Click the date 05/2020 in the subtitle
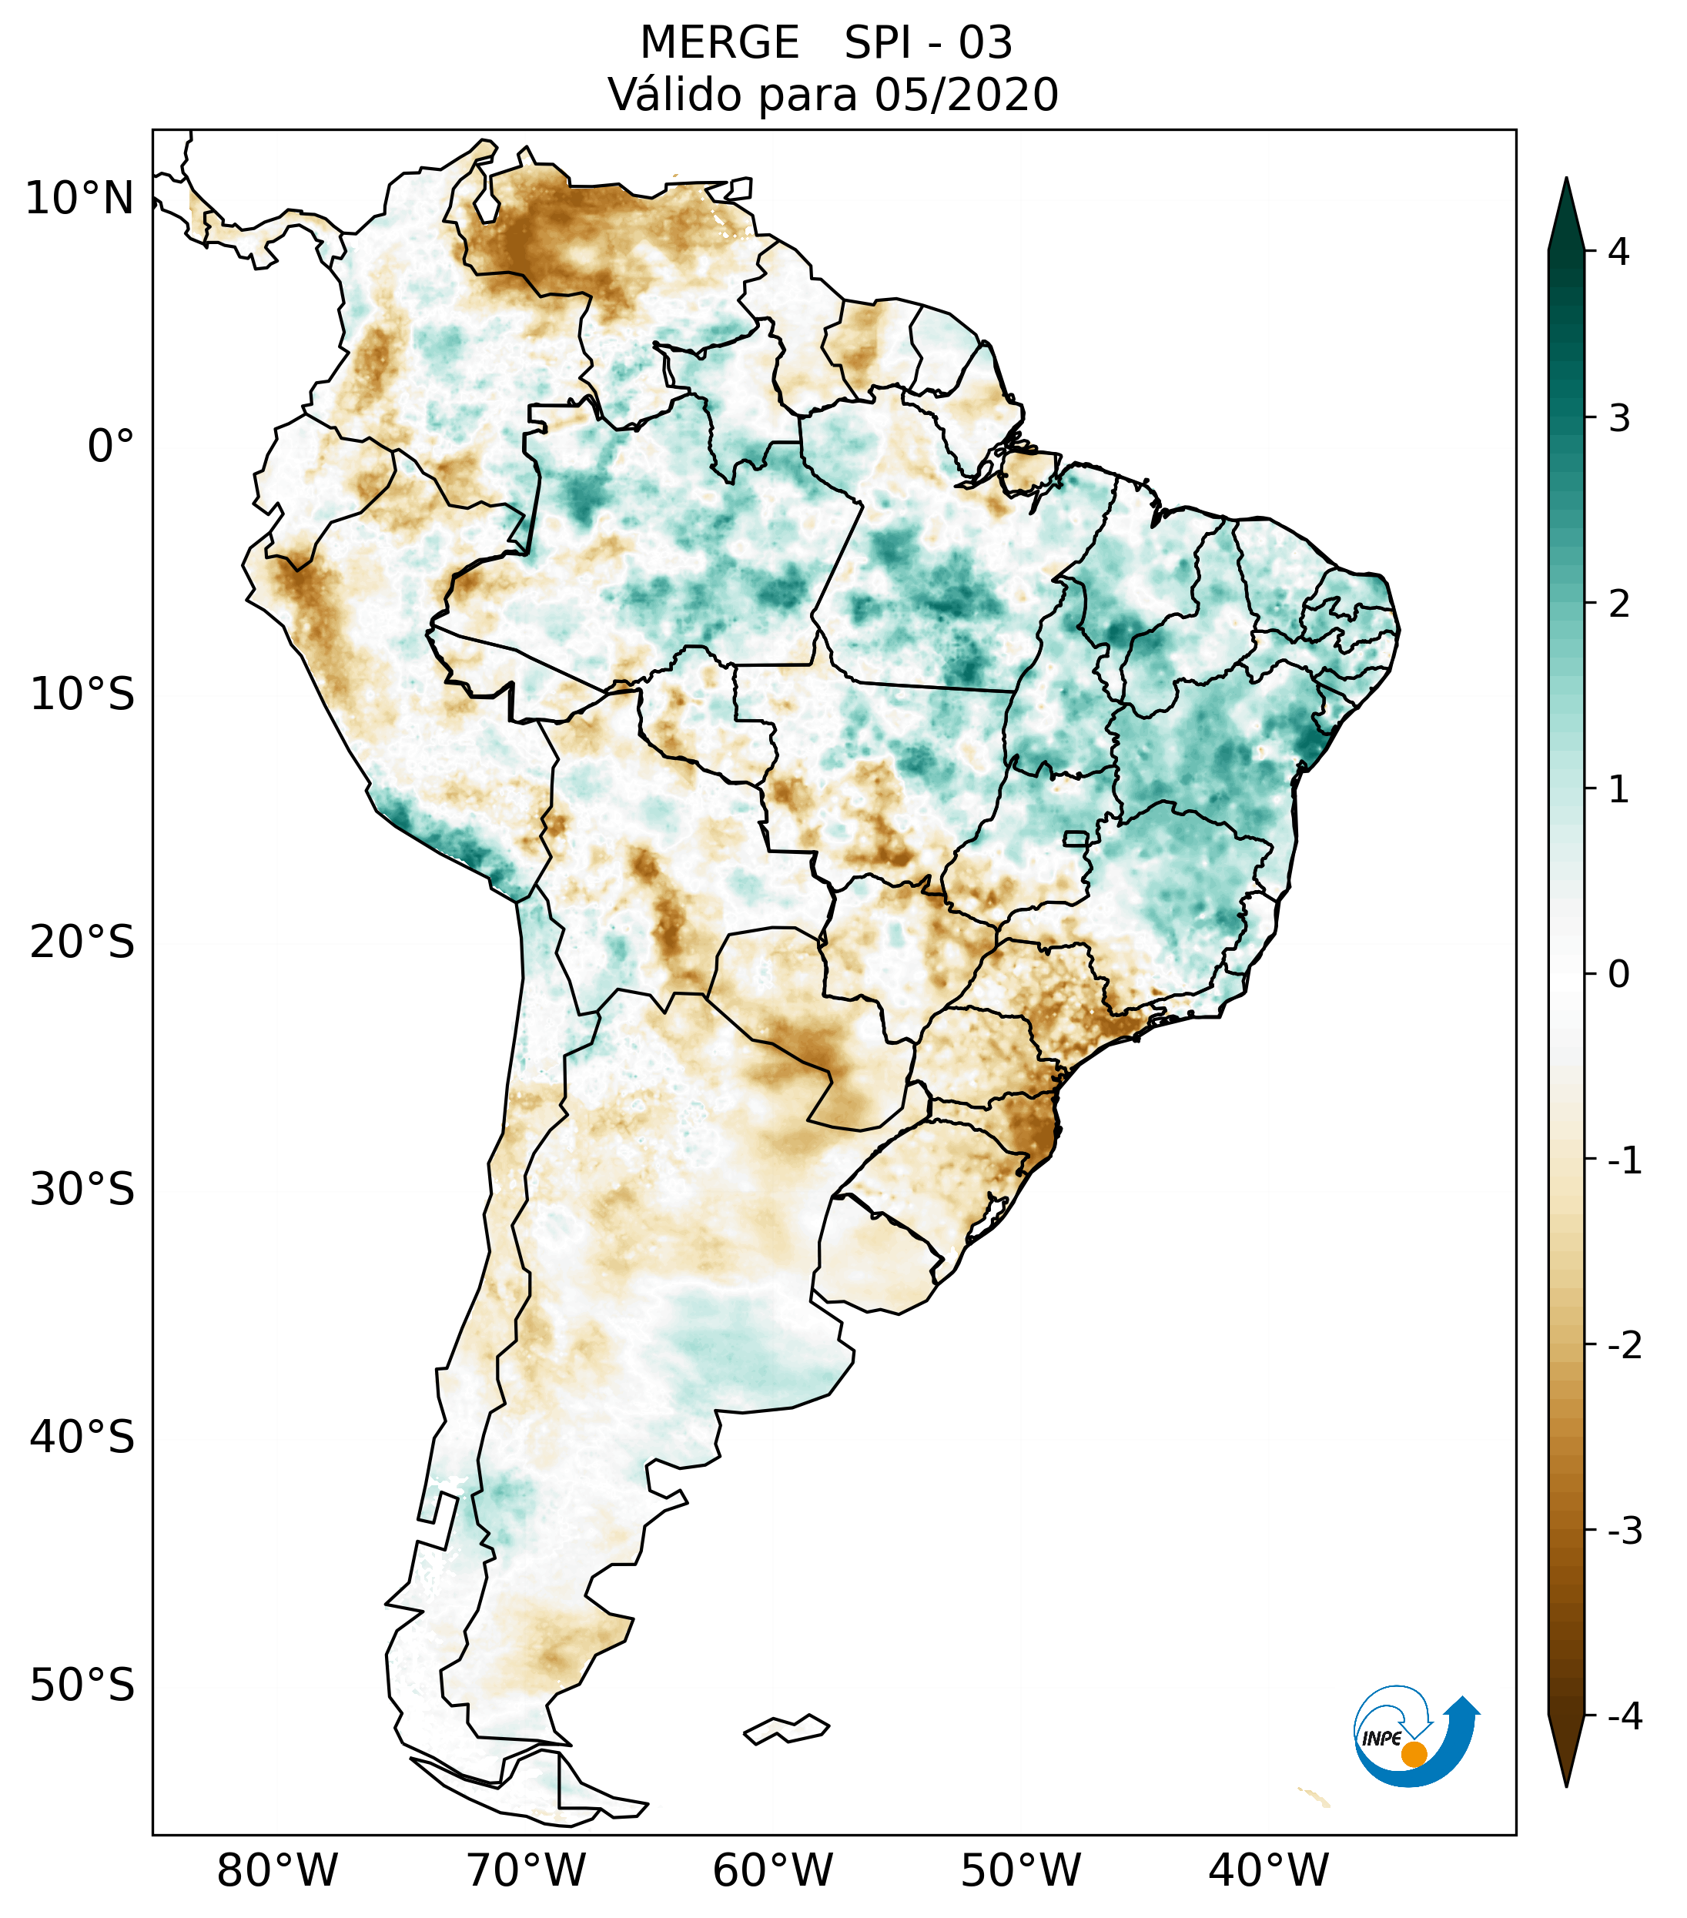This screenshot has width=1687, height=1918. (966, 95)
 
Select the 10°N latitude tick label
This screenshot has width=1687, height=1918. (79, 199)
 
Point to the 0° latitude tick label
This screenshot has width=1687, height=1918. (110, 446)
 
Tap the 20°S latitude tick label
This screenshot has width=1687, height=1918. (82, 941)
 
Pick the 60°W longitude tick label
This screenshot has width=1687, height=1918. (772, 1870)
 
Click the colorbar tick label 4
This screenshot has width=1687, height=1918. (1618, 252)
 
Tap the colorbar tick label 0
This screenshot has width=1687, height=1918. (1618, 975)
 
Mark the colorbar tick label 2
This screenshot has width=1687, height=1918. (1618, 604)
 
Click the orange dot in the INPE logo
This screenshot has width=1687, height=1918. (1414, 1754)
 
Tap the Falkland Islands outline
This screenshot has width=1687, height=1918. (786, 1729)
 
